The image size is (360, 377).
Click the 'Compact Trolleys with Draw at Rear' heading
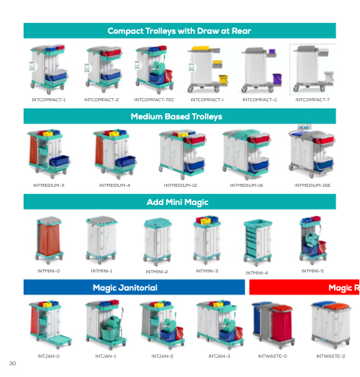pos(179,31)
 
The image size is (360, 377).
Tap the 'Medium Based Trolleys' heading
pos(176,116)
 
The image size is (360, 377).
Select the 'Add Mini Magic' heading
pos(178,202)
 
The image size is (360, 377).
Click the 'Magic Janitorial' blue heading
pos(125,287)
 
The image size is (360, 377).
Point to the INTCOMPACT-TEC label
pos(154,100)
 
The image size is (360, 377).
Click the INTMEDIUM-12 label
pos(180,185)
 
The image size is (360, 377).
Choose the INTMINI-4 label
pos(257,273)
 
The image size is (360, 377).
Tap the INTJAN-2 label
pos(162,357)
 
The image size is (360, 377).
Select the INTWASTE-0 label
pos(273,357)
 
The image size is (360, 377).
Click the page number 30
pos(13,363)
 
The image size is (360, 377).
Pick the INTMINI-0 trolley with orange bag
pos(49,240)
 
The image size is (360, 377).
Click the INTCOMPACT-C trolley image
pos(261,70)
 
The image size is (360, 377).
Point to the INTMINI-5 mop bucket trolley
pos(313,240)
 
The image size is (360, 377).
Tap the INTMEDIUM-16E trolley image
pos(311,152)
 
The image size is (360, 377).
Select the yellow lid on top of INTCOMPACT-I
pos(200,48)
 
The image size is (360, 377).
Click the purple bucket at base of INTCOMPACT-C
pos(277,79)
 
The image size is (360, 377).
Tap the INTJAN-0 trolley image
pos(50,325)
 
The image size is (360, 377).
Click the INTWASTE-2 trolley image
pos(331,324)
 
